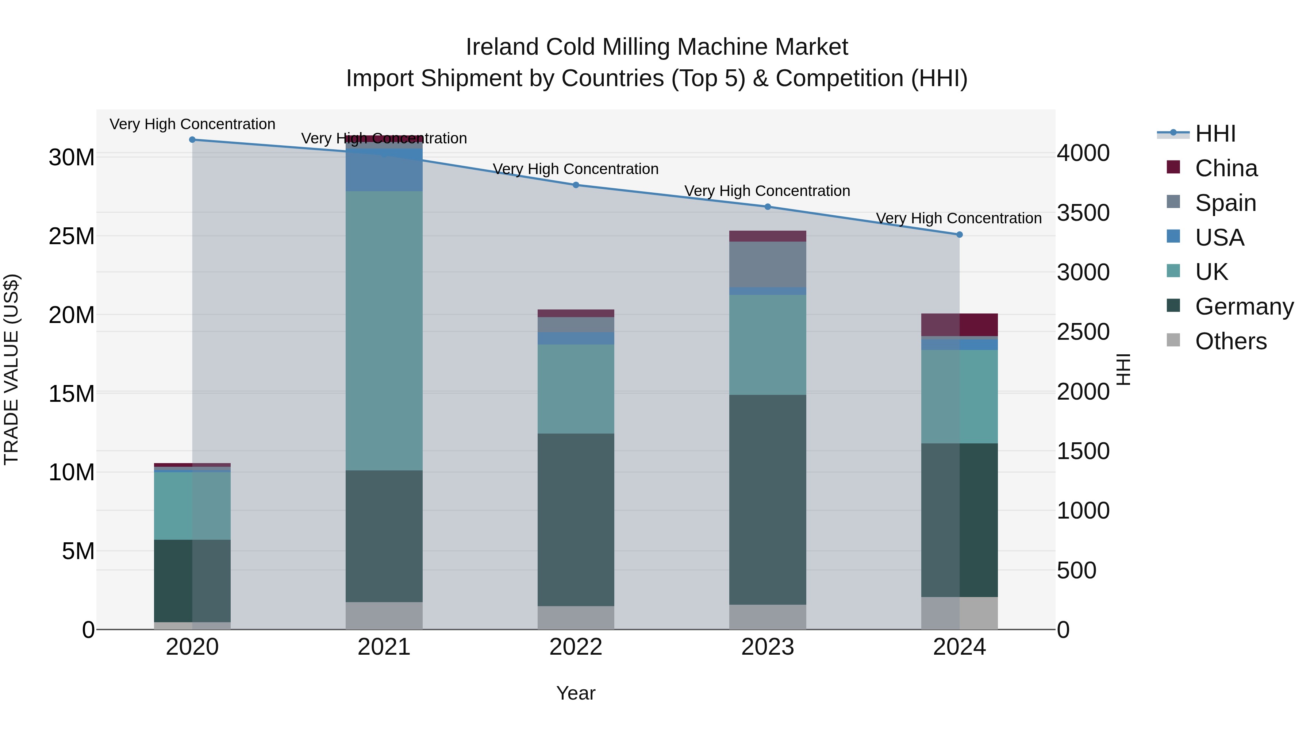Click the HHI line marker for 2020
click(x=192, y=140)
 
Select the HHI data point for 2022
click(x=576, y=185)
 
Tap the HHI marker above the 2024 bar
click(x=960, y=235)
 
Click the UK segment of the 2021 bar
click(x=384, y=331)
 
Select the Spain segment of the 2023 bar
click(x=768, y=264)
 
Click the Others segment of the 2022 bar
click(x=576, y=617)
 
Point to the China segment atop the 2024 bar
click(x=960, y=325)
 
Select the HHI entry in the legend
click(x=1215, y=134)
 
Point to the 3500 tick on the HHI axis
click(x=1083, y=213)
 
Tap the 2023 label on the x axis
click(x=768, y=647)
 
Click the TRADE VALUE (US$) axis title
click(x=11, y=369)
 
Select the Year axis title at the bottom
click(x=576, y=693)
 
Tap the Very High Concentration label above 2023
click(x=767, y=191)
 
